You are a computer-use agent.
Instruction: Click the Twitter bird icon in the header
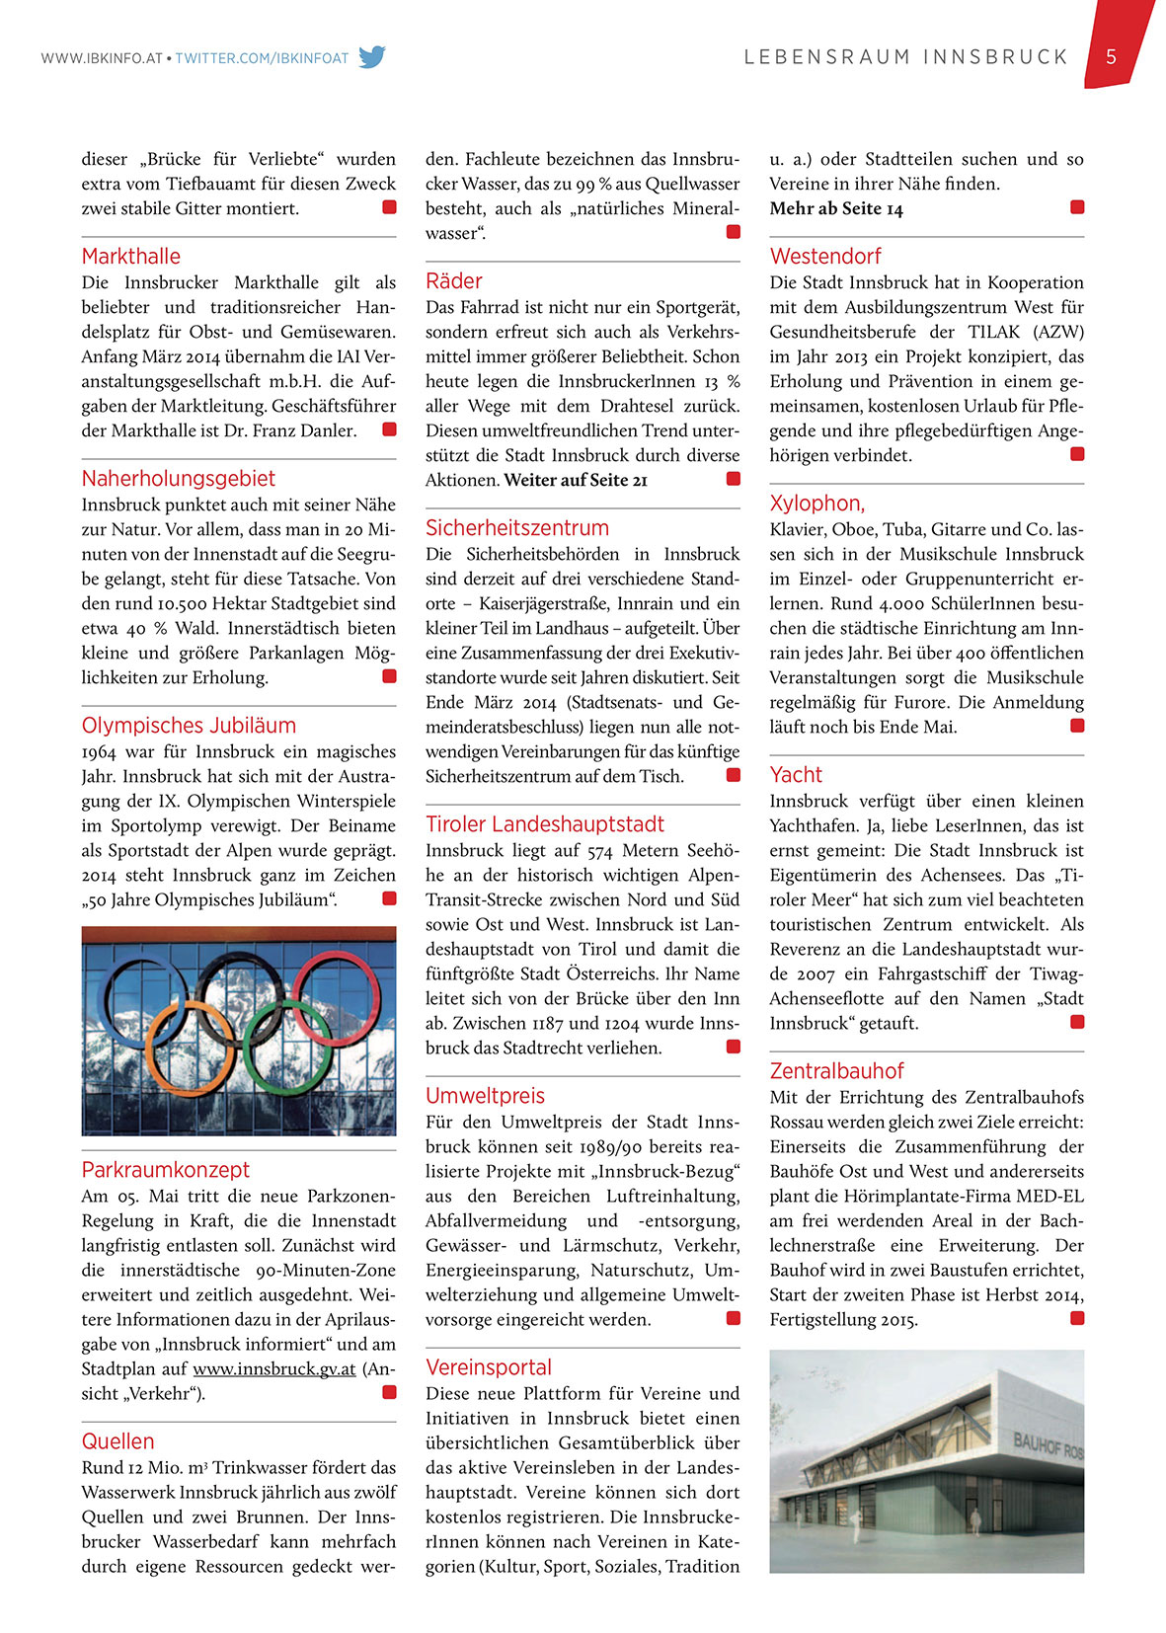[x=372, y=57]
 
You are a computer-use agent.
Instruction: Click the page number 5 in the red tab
[x=1111, y=56]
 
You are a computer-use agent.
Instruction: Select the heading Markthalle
[x=131, y=257]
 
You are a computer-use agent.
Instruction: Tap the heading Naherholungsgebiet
[x=179, y=479]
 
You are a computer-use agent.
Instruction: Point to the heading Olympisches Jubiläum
[x=189, y=726]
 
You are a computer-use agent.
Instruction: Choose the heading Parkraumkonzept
[x=166, y=1170]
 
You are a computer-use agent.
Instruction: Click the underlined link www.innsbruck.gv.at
[x=274, y=1369]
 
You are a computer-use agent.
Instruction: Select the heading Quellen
[x=117, y=1441]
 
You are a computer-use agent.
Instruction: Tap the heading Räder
[x=454, y=281]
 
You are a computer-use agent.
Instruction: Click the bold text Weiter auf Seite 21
[x=576, y=481]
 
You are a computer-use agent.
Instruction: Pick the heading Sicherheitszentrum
[x=517, y=528]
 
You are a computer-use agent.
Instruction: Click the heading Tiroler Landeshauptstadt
[x=545, y=824]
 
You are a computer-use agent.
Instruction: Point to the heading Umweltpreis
[x=485, y=1096]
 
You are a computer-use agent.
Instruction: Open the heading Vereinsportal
[x=489, y=1367]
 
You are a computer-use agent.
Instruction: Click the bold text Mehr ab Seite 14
[x=836, y=209]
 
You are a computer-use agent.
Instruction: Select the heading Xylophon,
[x=817, y=504]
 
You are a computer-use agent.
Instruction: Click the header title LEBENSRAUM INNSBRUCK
[x=906, y=57]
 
